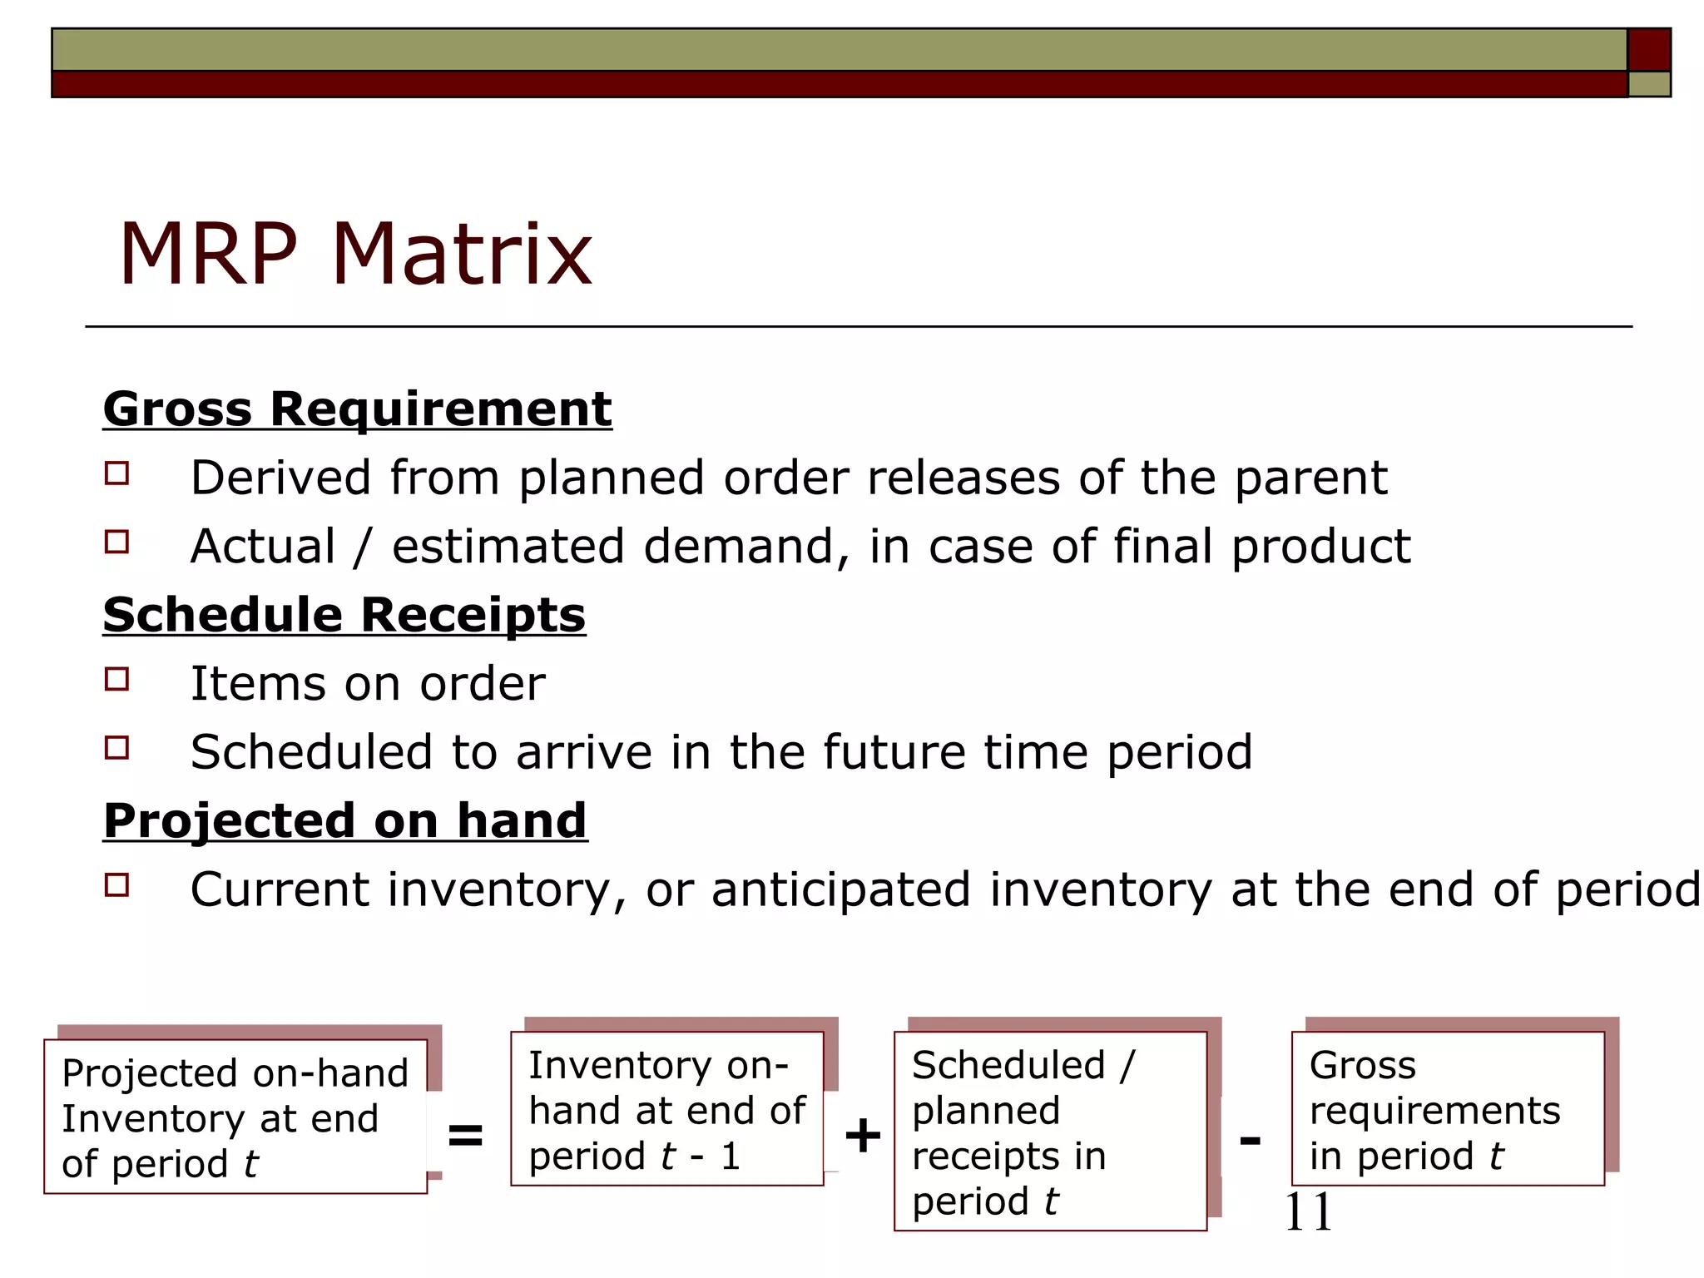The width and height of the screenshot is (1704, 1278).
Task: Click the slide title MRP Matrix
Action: coord(355,254)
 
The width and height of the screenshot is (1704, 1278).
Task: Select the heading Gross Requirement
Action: coord(357,409)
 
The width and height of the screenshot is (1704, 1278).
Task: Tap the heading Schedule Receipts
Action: coord(344,615)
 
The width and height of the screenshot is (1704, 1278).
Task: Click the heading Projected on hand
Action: coord(345,820)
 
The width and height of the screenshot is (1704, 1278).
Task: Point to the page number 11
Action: coord(1308,1212)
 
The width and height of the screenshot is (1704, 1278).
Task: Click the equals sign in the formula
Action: coord(465,1135)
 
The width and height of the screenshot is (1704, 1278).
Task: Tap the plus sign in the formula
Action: coord(862,1136)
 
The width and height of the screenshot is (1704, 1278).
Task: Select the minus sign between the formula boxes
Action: coord(1250,1139)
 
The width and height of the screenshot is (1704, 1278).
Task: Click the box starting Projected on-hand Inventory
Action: coord(235,1117)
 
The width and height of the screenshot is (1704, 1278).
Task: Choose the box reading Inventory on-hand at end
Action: coord(666,1109)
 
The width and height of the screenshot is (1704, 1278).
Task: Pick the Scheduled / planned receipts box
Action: coord(1050,1132)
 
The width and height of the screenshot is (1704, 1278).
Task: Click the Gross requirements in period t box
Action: coord(1447,1109)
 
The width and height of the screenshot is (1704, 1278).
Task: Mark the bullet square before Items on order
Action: coord(117,680)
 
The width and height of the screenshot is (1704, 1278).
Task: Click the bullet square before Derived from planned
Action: coord(117,473)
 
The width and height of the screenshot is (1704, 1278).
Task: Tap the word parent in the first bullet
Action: coord(1310,478)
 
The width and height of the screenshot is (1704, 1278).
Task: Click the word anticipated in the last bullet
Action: coord(841,889)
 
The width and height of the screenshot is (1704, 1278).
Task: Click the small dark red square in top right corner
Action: coord(1648,50)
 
